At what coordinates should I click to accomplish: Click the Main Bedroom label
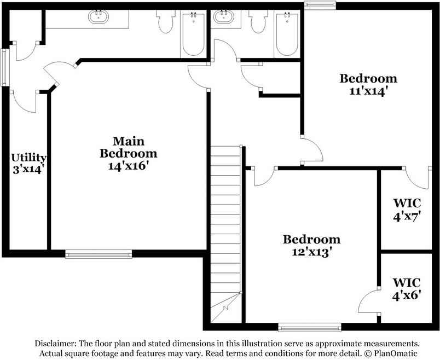click(128, 147)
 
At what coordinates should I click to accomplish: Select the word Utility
click(28, 158)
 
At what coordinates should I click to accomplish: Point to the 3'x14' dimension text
click(28, 169)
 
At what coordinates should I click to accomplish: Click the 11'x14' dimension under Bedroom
click(368, 91)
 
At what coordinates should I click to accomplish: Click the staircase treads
click(225, 219)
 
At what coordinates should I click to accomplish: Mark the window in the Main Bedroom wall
click(99, 254)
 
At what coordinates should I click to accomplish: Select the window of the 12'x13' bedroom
click(310, 328)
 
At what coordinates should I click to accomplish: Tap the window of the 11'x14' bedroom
click(320, 5)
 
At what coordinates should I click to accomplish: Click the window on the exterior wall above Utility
click(4, 67)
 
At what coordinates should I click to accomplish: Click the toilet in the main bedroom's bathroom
click(165, 22)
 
